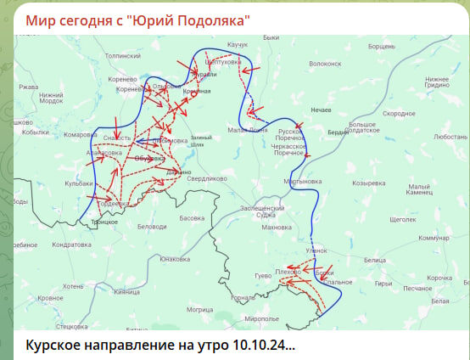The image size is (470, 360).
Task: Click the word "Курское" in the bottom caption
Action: [56, 346]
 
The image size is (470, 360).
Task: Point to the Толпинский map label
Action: [122, 55]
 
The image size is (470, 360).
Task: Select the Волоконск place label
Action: [325, 63]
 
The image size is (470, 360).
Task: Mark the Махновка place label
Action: [277, 228]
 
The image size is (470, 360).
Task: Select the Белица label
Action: [374, 260]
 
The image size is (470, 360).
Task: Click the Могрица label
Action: [200, 310]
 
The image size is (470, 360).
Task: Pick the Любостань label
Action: [450, 136]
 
